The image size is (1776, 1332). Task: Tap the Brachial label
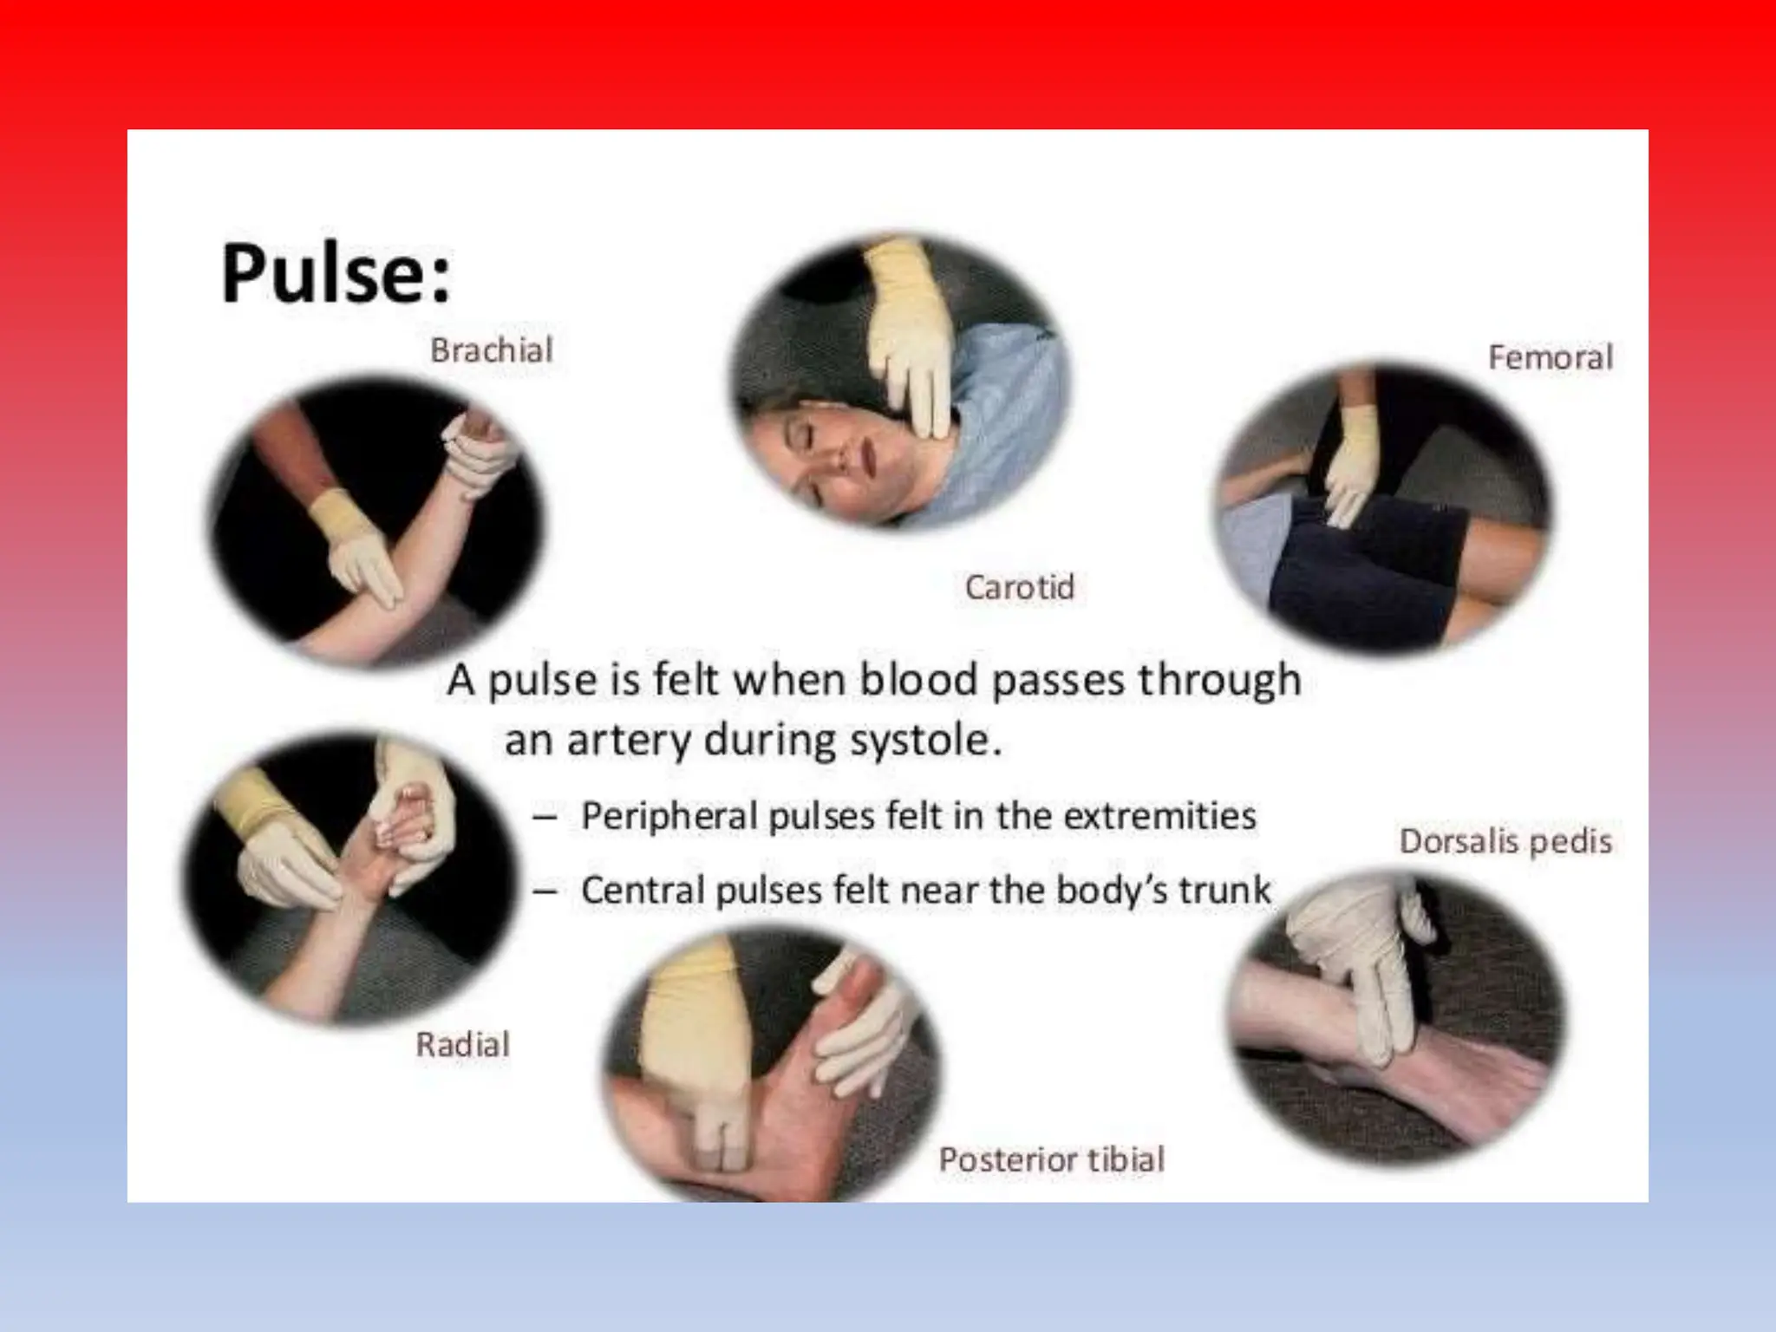(491, 350)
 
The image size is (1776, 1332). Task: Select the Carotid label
(1019, 587)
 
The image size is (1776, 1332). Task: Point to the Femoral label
(1550, 357)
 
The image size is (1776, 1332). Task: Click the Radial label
(462, 1044)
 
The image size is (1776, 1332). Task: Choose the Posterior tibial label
(1051, 1159)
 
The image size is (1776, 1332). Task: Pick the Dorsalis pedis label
(1505, 841)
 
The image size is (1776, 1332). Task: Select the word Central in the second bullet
(643, 891)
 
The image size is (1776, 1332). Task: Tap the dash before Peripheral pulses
(545, 817)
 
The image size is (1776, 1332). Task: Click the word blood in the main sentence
(918, 679)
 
